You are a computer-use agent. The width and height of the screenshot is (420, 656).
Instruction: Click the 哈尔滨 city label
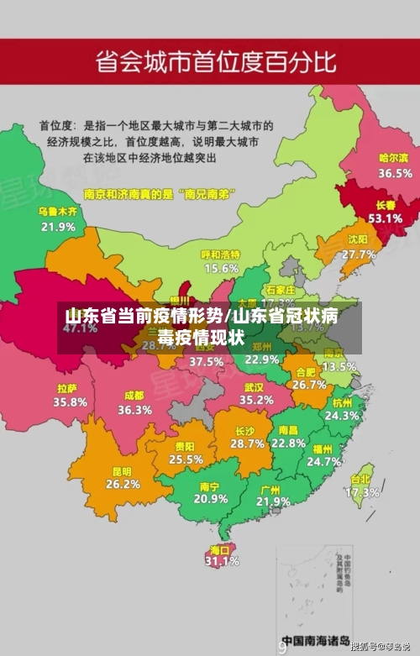(x=393, y=157)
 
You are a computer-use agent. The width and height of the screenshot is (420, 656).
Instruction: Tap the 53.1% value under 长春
(x=385, y=218)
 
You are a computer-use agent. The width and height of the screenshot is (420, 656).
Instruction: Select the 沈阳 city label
(x=359, y=239)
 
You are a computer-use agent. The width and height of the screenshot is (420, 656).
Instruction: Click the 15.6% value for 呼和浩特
(x=221, y=268)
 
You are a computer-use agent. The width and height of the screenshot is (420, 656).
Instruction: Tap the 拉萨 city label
(x=68, y=389)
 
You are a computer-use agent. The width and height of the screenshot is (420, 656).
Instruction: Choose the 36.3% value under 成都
(x=134, y=410)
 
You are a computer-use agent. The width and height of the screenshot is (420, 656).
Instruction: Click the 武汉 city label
(x=254, y=387)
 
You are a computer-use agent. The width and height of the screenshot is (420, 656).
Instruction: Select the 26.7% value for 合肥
(x=309, y=384)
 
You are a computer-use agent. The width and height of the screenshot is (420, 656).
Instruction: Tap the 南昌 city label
(x=288, y=430)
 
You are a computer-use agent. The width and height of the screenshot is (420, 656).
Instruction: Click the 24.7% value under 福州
(x=323, y=461)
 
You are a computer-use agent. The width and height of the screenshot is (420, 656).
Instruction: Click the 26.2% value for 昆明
(x=123, y=484)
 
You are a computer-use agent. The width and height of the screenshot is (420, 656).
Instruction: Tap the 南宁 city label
(x=210, y=486)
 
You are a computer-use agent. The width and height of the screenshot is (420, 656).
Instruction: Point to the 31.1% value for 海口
(x=221, y=560)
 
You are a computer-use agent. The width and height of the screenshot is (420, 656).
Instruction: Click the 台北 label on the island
(x=360, y=480)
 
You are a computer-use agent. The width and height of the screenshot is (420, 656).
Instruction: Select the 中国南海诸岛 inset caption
(x=315, y=639)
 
